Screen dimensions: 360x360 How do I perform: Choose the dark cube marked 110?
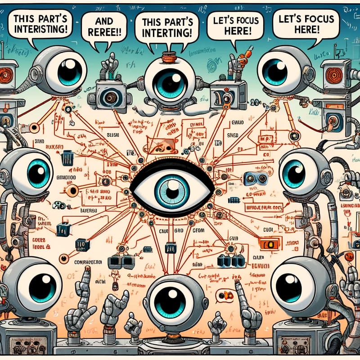pyautogui.click(x=82, y=245)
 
